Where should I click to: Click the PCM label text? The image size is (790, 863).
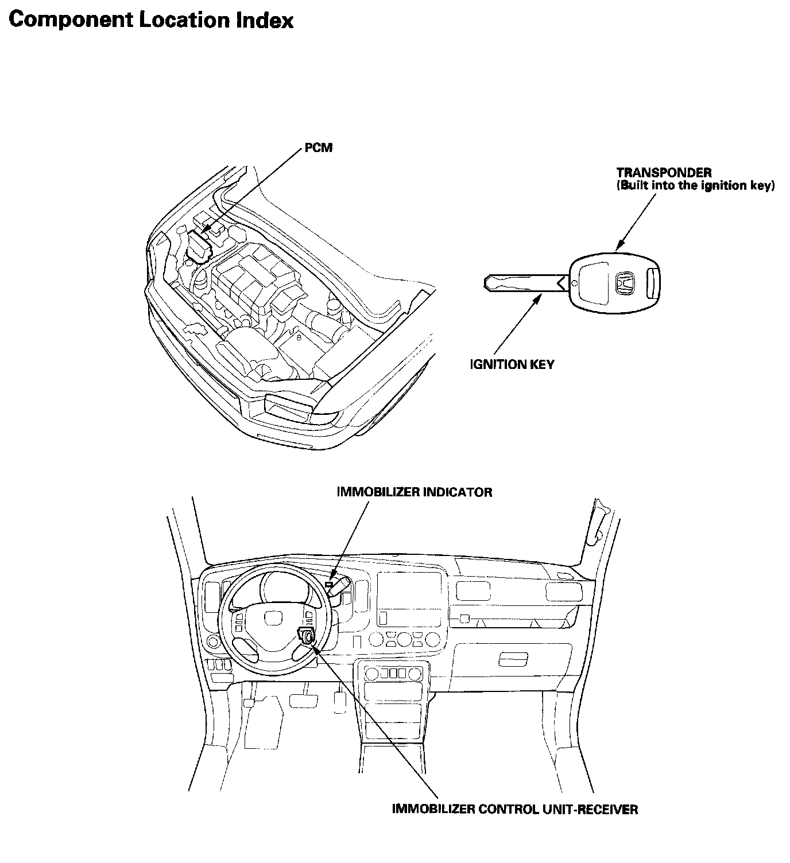(318, 147)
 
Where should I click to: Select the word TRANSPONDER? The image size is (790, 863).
(664, 173)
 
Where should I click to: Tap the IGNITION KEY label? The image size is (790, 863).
(512, 364)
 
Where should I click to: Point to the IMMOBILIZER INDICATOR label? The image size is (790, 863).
(414, 492)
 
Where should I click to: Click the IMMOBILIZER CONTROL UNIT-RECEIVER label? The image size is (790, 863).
(514, 810)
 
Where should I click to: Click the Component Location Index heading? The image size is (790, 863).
(152, 21)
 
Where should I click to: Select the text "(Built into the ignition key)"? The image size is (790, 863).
(695, 186)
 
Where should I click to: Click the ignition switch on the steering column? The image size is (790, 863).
(307, 635)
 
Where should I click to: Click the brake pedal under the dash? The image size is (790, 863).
(304, 700)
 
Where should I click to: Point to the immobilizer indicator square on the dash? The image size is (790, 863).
(329, 584)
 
